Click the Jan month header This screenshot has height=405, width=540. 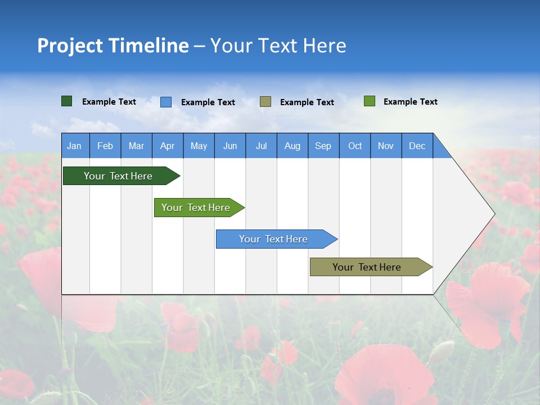(x=74, y=146)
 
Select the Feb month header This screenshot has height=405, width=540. (x=105, y=146)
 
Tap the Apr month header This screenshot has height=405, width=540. (x=168, y=146)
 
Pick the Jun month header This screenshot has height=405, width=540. (x=230, y=146)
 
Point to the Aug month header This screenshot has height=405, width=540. (x=292, y=146)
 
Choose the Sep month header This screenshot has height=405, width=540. (x=323, y=146)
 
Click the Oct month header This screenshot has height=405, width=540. (x=355, y=146)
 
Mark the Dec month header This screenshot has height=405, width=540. (x=417, y=146)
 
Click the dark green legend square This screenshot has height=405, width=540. (x=67, y=101)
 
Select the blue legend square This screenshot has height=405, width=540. (x=166, y=102)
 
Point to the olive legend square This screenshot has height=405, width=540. (x=265, y=101)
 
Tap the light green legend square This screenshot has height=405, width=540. (x=370, y=101)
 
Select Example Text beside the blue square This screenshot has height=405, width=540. (x=208, y=102)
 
